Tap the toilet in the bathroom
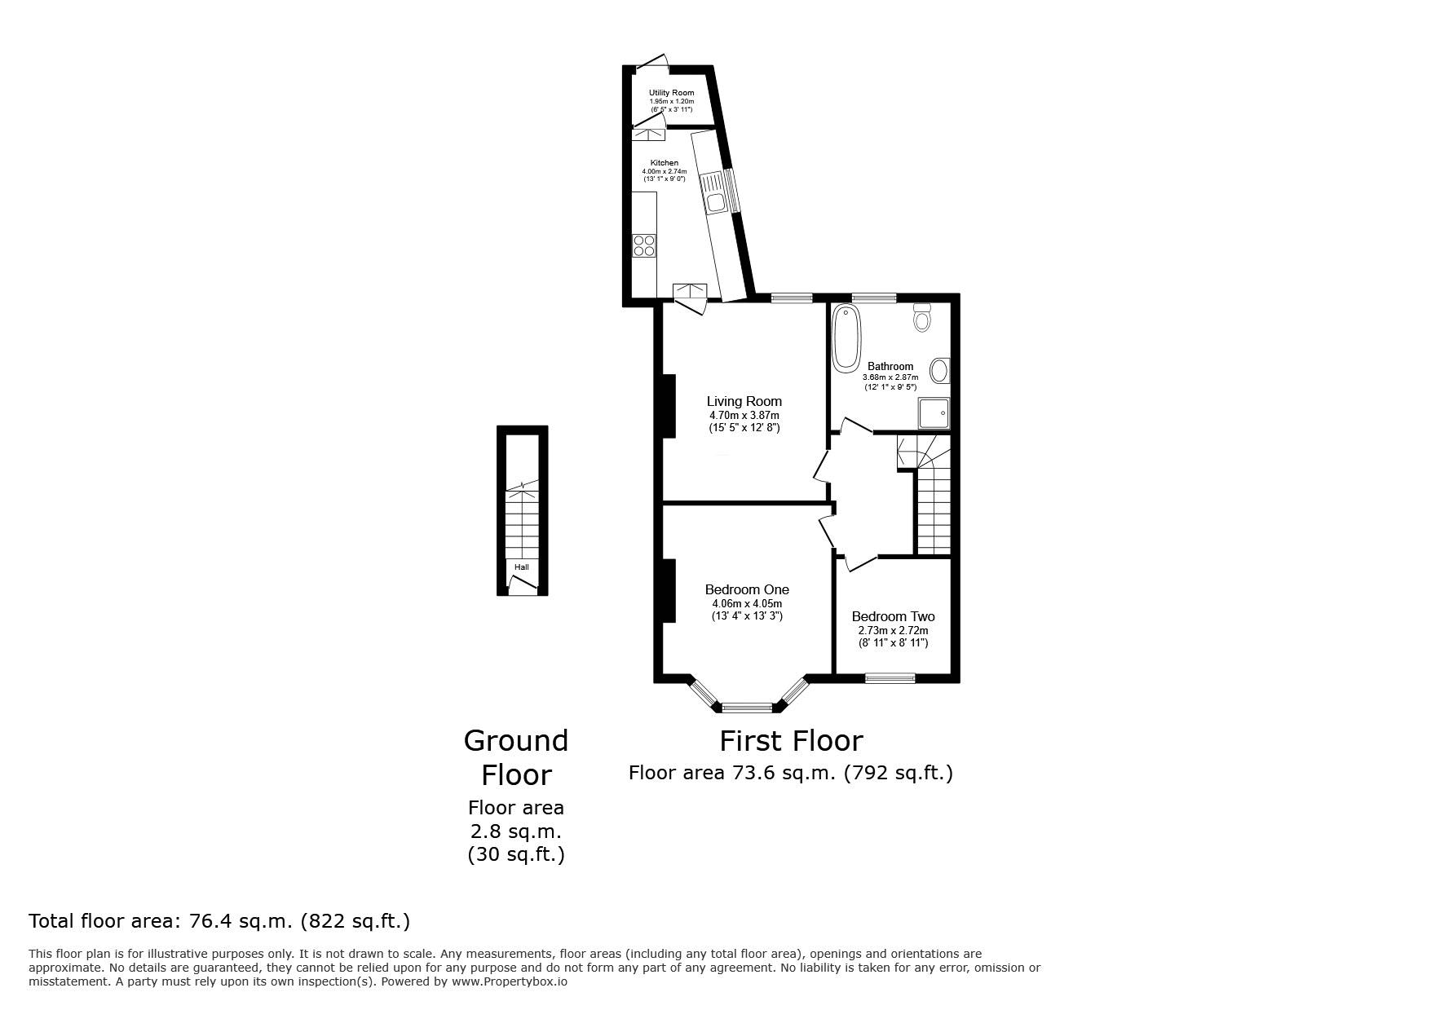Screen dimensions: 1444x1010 click(922, 316)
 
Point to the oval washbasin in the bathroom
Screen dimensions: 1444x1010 click(940, 371)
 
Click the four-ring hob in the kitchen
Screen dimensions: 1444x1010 click(644, 245)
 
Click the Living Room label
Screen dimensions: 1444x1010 click(744, 401)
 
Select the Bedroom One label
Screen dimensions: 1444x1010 click(747, 589)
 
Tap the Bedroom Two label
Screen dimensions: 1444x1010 click(893, 616)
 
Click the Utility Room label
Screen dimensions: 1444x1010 click(672, 93)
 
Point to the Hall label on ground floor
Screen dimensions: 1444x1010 click(522, 567)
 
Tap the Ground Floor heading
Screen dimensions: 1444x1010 click(516, 757)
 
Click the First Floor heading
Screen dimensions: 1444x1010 click(791, 741)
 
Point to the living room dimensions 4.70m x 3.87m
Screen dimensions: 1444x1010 click(744, 416)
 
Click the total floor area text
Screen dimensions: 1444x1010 click(219, 921)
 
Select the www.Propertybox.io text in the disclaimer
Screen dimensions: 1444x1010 click(510, 982)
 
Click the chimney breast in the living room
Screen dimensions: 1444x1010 click(668, 405)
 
